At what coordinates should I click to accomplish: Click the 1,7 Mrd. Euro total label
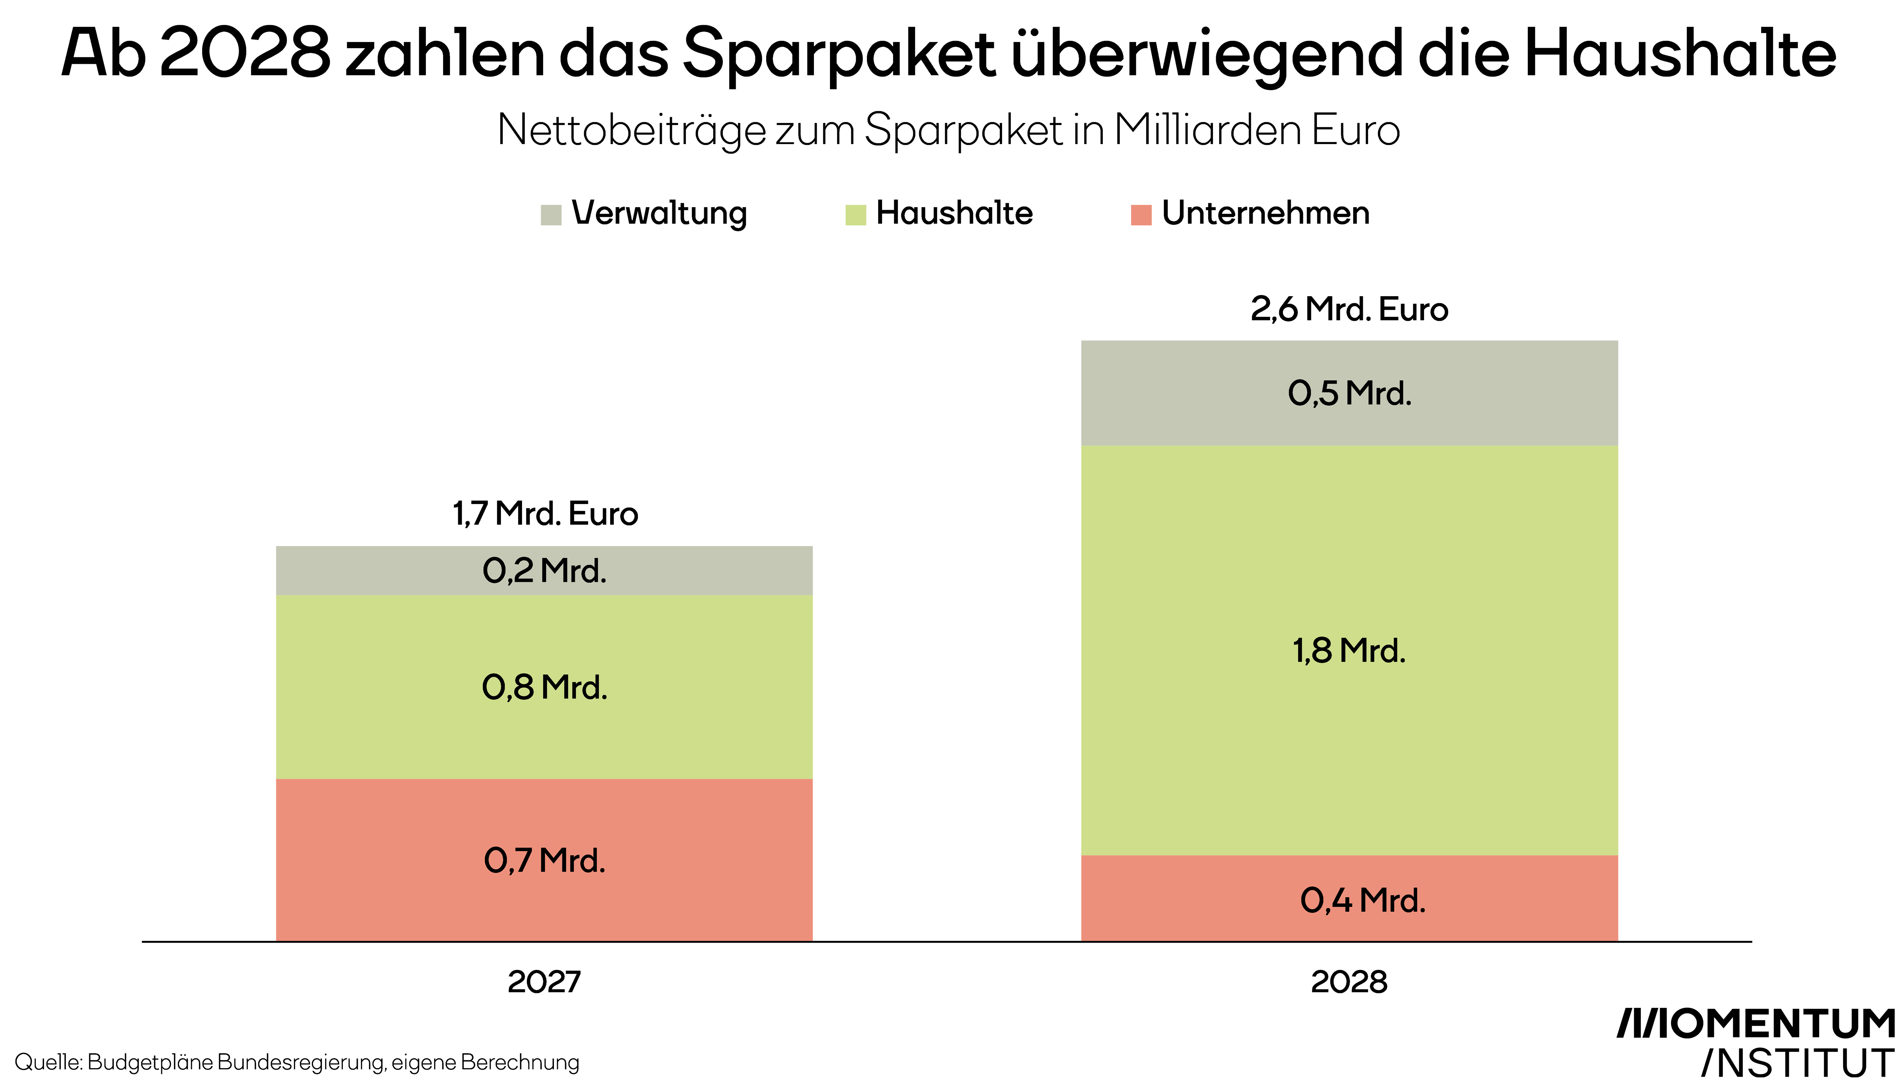tap(545, 514)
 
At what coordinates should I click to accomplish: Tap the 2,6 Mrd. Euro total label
tap(1349, 309)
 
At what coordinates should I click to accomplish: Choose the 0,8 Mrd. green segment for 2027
tap(544, 686)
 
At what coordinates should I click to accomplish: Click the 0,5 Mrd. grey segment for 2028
tap(1349, 393)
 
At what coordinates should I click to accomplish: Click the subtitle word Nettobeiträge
tap(631, 130)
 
